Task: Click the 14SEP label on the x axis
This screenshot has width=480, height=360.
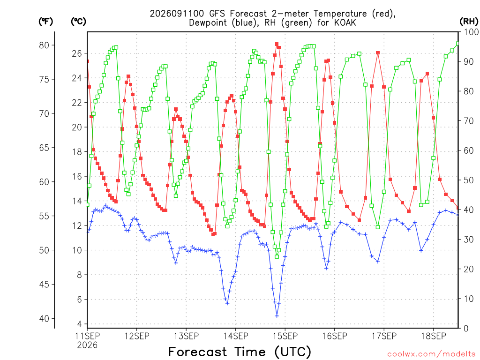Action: pos(235,336)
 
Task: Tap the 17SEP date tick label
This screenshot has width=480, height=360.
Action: pos(384,336)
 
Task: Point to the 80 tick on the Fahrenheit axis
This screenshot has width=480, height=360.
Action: pos(44,45)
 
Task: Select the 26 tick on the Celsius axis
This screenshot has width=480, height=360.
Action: pos(77,53)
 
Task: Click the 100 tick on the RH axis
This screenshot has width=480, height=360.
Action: pos(471,32)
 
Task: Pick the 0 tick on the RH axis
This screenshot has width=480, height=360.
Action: pos(466,329)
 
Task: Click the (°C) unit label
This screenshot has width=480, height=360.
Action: pos(78,22)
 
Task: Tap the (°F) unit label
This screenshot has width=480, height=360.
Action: pos(45,22)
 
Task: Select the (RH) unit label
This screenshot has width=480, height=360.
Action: pos(469,21)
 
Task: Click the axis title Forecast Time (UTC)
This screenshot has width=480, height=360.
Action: pos(240,352)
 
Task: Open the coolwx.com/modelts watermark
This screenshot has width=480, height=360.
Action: pos(432,354)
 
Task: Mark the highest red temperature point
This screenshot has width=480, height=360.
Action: pos(277,44)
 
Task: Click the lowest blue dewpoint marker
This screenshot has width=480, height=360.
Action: pos(277,315)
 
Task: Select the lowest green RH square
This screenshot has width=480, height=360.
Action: pos(277,256)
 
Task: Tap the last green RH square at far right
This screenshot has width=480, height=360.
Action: pos(458,44)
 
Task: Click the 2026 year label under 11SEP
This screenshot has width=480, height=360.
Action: pos(87,345)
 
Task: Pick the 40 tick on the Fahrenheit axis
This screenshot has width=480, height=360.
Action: pos(44,319)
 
